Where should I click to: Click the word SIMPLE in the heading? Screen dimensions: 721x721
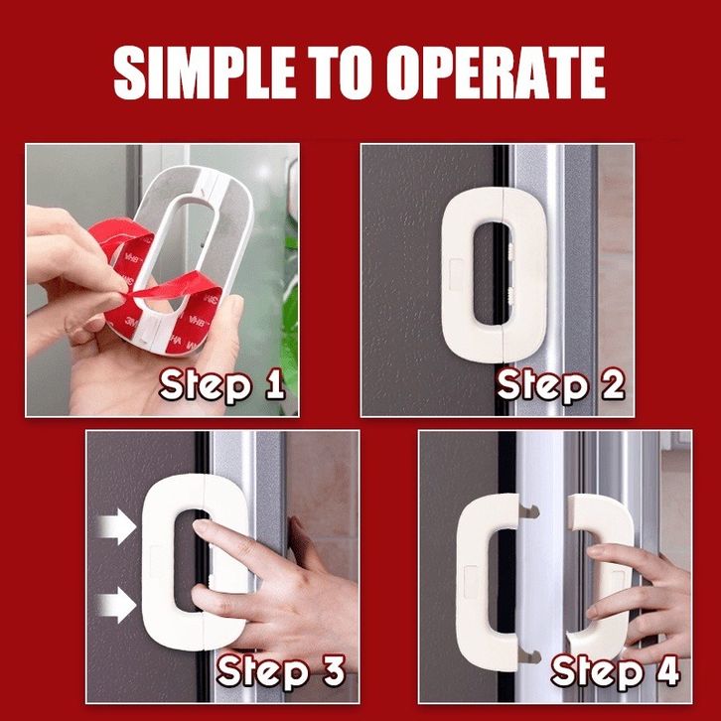pyautogui.click(x=205, y=72)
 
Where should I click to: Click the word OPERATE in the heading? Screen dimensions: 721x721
pyautogui.click(x=496, y=72)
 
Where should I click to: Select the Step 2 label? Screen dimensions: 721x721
pyautogui.click(x=560, y=385)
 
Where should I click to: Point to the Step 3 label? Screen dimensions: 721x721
pyautogui.click(x=281, y=671)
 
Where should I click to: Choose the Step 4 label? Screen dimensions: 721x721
pyautogui.click(x=616, y=671)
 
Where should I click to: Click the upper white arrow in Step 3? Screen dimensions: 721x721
pyautogui.click(x=117, y=526)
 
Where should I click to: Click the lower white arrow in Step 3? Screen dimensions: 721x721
pyautogui.click(x=117, y=605)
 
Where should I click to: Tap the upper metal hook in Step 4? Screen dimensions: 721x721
pyautogui.click(x=528, y=510)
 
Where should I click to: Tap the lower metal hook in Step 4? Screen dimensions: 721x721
pyautogui.click(x=529, y=656)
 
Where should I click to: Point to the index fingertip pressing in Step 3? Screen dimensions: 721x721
pyautogui.click(x=200, y=526)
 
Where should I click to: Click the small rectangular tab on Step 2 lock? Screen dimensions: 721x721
pyautogui.click(x=456, y=274)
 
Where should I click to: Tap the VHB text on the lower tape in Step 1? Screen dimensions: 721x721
pyautogui.click(x=197, y=320)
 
